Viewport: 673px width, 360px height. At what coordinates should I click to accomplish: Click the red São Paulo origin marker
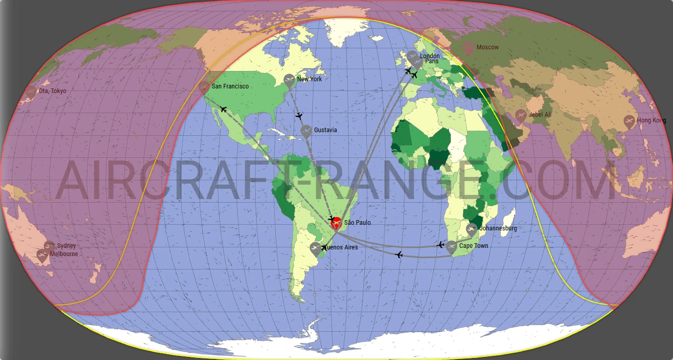coord(335,223)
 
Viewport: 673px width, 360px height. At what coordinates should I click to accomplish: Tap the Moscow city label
coord(487,47)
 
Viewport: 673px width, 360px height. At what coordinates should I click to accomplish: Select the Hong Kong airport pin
coord(629,121)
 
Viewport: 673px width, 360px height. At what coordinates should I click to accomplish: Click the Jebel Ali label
coord(540,114)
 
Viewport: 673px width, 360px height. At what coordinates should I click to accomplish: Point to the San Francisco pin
coord(204,86)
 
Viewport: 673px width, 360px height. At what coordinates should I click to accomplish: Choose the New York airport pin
coord(289,80)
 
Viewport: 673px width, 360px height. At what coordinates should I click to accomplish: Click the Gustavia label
coord(325,130)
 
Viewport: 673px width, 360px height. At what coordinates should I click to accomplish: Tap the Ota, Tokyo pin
coord(31,92)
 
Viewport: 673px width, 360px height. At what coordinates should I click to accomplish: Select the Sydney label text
coord(66,246)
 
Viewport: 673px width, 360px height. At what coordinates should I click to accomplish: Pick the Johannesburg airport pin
coord(471,229)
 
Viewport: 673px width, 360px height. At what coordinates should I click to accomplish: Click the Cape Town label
coord(473,246)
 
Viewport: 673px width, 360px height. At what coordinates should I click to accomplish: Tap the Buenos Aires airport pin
coord(315,248)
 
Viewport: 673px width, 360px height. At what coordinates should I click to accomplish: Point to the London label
coord(430,56)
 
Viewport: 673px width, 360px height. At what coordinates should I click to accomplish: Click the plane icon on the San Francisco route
coord(223,109)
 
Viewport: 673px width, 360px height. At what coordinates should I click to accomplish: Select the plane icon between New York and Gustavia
coord(299,116)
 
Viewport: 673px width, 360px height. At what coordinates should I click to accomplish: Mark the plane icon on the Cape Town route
coord(399,254)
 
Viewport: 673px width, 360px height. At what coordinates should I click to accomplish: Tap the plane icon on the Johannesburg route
coord(440,245)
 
